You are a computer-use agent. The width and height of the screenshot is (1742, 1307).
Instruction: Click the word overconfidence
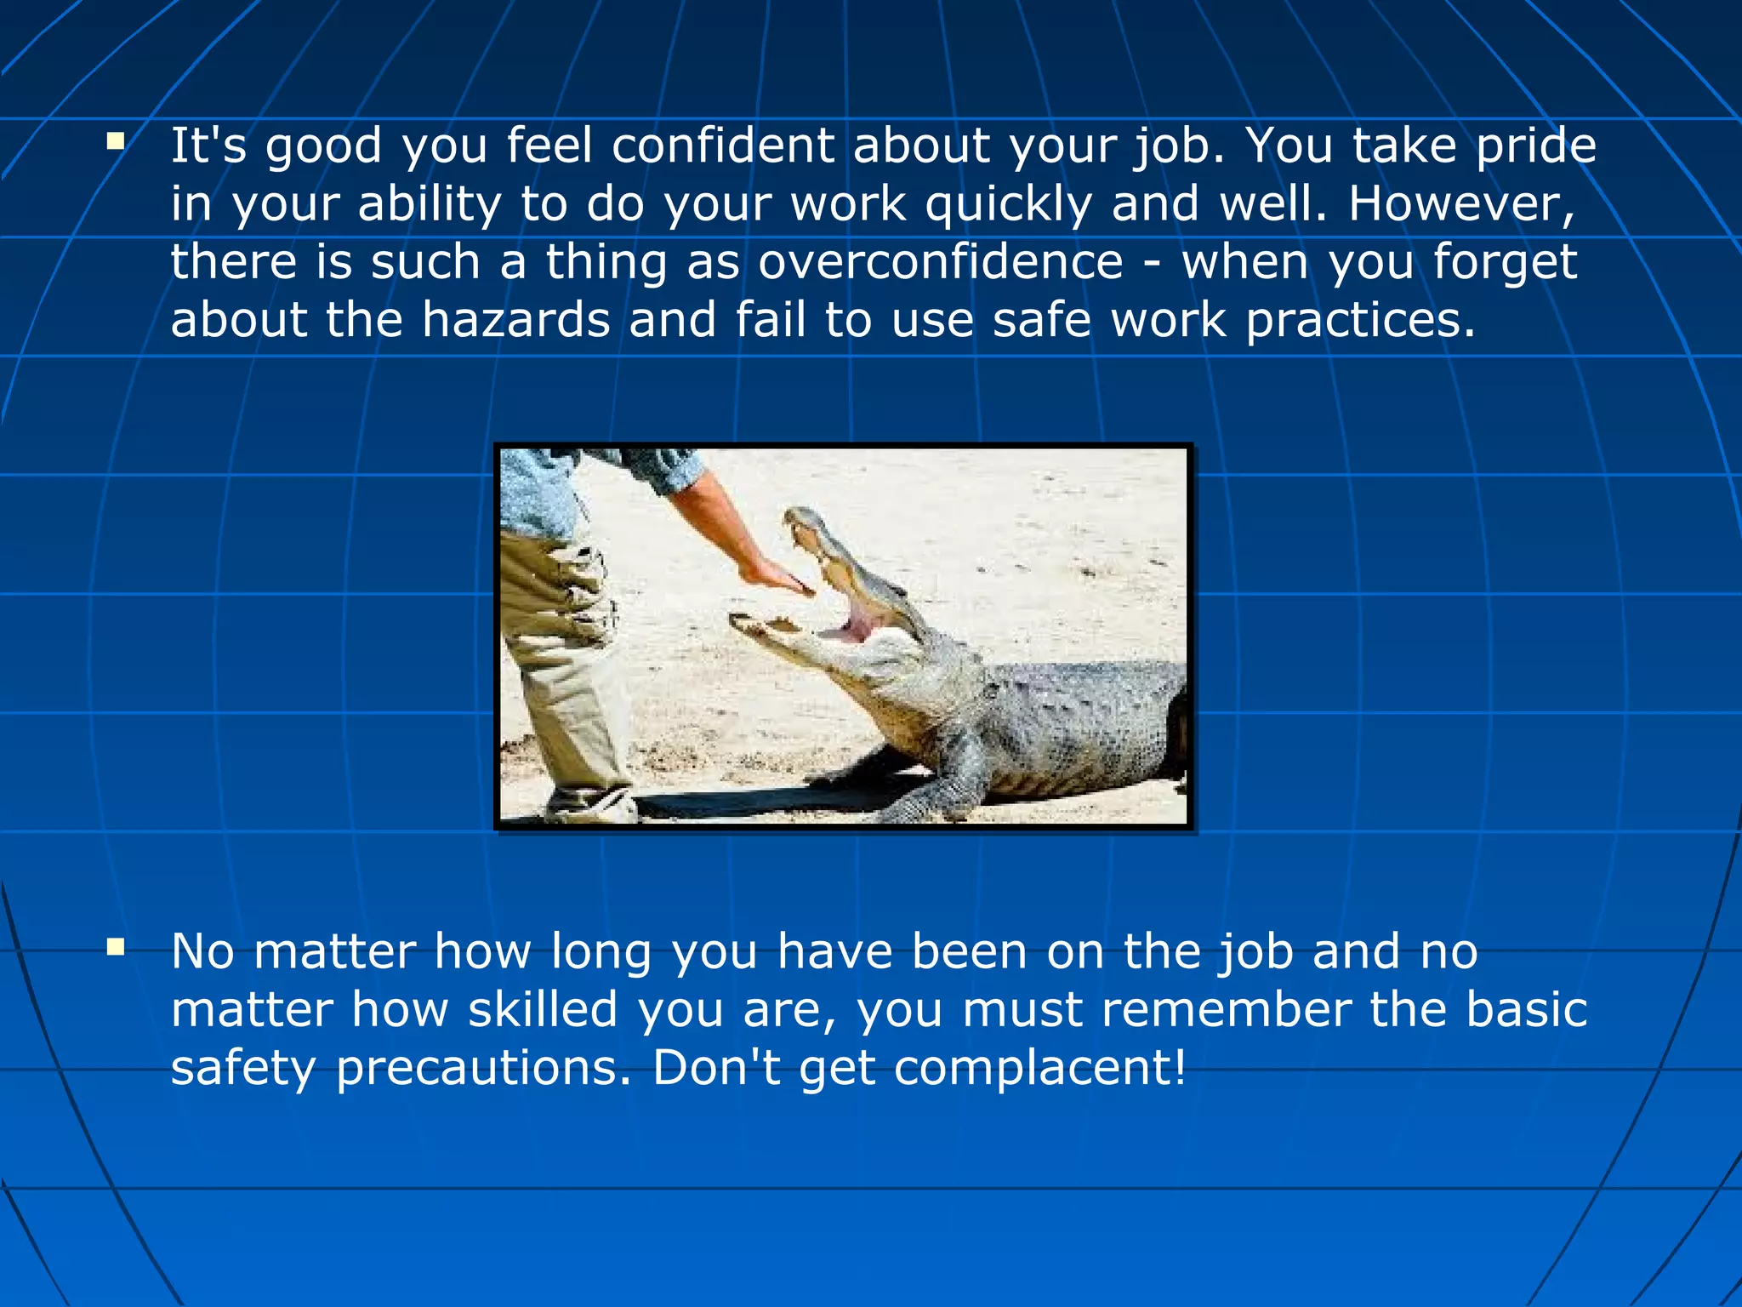[x=940, y=262]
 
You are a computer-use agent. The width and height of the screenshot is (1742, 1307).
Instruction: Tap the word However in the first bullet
[x=1460, y=204]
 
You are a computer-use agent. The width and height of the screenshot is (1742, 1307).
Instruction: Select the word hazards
[x=515, y=320]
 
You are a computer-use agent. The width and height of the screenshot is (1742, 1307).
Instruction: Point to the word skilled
[x=543, y=1009]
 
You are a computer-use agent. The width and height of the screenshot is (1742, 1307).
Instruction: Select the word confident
[x=723, y=146]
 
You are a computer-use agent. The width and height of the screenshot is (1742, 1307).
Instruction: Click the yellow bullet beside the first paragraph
[x=116, y=140]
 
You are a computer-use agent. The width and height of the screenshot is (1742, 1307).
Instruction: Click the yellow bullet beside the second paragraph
[x=116, y=946]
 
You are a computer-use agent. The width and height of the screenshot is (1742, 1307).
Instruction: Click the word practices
[x=1361, y=320]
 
